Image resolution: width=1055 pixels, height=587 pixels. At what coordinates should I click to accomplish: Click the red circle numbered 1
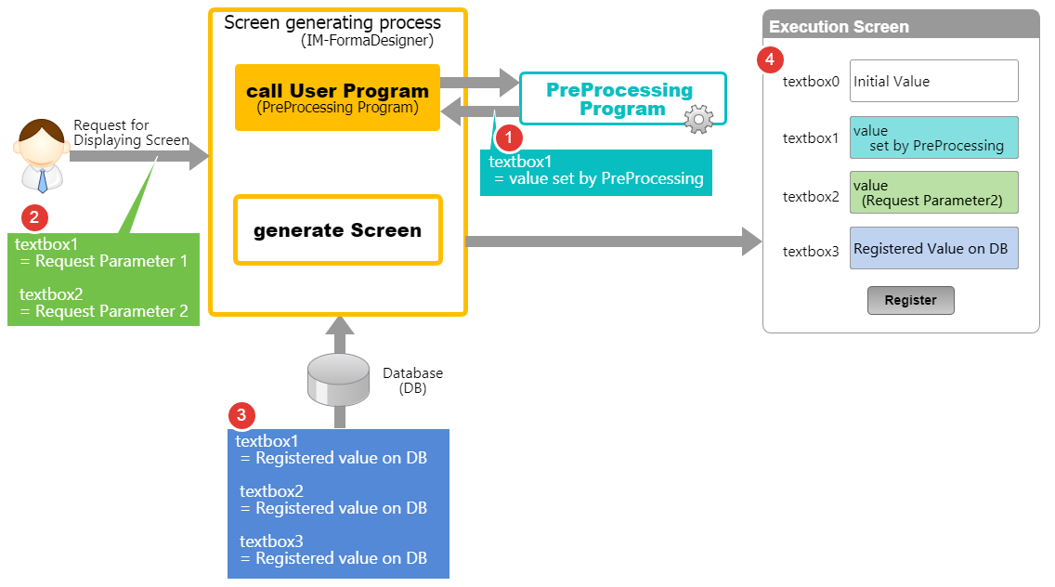[x=508, y=138]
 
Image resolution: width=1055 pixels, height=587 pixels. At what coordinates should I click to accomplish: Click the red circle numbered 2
[x=34, y=218]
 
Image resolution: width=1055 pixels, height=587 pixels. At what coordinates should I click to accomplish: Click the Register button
[x=910, y=301]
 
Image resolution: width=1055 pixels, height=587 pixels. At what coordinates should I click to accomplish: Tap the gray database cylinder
[x=339, y=379]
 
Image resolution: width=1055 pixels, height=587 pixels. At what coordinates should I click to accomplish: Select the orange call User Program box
[x=337, y=98]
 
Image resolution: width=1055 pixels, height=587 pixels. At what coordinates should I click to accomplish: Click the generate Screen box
[x=337, y=230]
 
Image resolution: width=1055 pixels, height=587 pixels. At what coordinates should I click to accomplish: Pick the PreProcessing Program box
[x=619, y=99]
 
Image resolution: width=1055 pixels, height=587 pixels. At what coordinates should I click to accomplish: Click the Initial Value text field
[x=933, y=81]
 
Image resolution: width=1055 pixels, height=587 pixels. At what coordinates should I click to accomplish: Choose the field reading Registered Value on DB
[x=933, y=248]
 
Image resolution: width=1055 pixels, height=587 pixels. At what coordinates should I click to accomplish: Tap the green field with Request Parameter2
[x=933, y=192]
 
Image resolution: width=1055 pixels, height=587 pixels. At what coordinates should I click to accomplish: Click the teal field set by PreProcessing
[x=933, y=137]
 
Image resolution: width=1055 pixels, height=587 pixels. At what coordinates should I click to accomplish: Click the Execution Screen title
[x=839, y=26]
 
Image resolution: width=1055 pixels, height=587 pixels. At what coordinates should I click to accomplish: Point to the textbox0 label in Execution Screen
[x=811, y=82]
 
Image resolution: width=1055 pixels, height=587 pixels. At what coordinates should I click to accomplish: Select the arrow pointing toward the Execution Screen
[x=613, y=242]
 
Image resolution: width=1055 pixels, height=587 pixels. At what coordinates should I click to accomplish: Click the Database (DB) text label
[x=413, y=381]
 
